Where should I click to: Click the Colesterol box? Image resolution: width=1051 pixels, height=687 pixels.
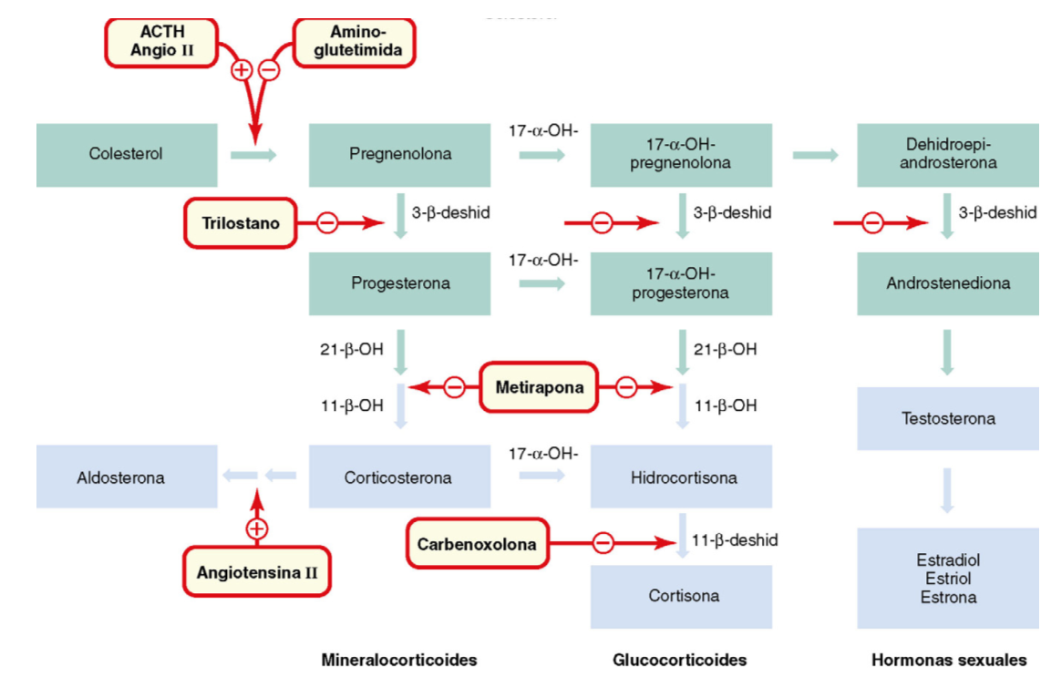click(127, 154)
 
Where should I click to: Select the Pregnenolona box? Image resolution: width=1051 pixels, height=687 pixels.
click(399, 154)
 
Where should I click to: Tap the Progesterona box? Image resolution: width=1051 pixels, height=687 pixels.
click(399, 283)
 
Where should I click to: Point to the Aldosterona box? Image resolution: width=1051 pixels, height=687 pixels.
click(127, 477)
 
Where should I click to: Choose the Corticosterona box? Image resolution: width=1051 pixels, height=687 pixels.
click(399, 477)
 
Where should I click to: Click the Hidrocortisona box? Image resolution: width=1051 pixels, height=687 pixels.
click(680, 477)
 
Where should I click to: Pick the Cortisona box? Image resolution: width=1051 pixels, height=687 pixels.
click(680, 596)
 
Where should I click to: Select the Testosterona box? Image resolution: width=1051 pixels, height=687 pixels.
click(947, 419)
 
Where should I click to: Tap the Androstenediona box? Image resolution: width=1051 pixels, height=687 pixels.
click(947, 283)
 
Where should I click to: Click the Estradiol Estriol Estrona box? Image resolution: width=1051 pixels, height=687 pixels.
click(947, 579)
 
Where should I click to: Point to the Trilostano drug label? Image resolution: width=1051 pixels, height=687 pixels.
click(241, 222)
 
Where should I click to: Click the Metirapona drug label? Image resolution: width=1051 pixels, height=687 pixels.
click(540, 387)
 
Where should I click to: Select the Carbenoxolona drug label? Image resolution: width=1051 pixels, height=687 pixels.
click(477, 544)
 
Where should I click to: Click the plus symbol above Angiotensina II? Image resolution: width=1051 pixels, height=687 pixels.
click(258, 528)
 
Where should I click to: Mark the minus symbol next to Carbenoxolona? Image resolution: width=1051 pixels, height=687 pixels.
click(603, 543)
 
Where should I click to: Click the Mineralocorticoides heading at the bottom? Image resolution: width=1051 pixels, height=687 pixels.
click(399, 660)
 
